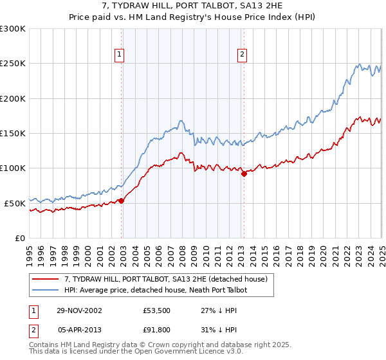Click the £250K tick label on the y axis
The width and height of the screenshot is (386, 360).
pos(13,64)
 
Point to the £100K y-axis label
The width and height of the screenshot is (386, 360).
pos(13,168)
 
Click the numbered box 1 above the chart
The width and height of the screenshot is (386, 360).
pos(120,55)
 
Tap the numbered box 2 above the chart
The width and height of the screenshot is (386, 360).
pos(243,55)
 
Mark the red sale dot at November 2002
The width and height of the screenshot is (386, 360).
pos(122,201)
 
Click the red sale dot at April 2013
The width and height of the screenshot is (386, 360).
pos(243,174)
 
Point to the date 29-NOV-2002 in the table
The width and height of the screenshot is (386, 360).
pos(79,310)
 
